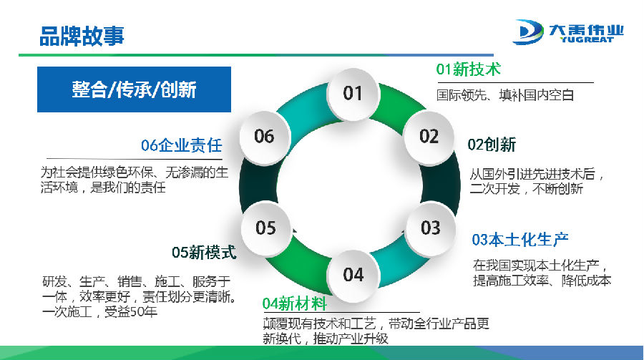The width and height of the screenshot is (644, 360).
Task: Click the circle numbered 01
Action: [x=353, y=92]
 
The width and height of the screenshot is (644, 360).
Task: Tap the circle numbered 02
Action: [x=429, y=136]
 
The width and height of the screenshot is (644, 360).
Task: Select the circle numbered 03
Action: [x=430, y=228]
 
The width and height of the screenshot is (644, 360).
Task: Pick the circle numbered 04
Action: [x=353, y=273]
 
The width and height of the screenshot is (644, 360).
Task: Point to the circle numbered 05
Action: [x=265, y=228]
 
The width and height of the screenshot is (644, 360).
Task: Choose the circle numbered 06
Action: [x=264, y=136]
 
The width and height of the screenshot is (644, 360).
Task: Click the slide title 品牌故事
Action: [x=82, y=35]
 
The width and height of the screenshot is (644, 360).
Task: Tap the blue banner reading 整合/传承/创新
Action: [x=134, y=89]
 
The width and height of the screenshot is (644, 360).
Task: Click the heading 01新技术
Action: [x=468, y=69]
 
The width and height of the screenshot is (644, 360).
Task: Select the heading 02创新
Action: [x=492, y=145]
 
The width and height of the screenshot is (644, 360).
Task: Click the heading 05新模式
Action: [x=204, y=253]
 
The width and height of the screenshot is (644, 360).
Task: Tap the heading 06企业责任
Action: [x=181, y=146]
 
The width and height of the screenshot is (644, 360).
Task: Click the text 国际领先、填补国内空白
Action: [x=505, y=94]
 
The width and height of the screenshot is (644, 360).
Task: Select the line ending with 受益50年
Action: [x=99, y=311]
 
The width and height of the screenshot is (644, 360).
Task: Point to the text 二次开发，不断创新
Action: [x=527, y=190]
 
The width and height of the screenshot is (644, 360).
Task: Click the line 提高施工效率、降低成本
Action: [x=542, y=281]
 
